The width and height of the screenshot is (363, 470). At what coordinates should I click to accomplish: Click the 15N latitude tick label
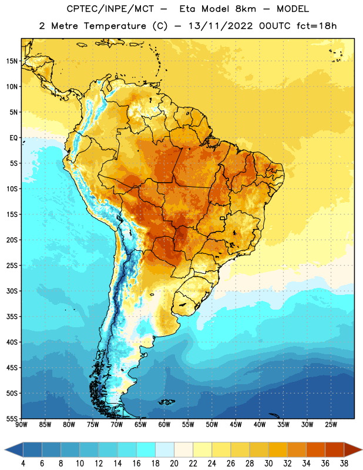tap(12, 61)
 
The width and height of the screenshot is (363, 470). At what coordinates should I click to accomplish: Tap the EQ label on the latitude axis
tap(14, 138)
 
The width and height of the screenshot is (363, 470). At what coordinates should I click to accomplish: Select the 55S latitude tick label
tap(12, 418)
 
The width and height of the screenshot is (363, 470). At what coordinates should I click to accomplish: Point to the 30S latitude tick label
tap(12, 291)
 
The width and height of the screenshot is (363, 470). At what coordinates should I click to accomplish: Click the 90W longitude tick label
tap(21, 425)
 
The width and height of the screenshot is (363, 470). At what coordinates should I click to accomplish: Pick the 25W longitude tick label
tap(331, 425)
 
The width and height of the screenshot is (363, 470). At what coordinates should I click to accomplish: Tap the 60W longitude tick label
tap(164, 425)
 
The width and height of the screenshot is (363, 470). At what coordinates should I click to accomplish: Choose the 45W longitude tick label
tap(236, 425)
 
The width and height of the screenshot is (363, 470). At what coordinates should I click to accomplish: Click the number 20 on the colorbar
tap(174, 464)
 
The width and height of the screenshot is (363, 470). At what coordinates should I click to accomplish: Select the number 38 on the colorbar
tap(344, 464)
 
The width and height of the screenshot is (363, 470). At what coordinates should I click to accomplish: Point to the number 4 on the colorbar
tap(23, 464)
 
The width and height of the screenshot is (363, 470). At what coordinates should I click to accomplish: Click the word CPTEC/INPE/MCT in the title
tap(110, 9)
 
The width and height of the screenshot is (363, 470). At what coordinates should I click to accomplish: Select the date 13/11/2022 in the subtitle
tap(221, 26)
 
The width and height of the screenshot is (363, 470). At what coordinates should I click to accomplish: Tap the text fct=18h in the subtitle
tap(317, 26)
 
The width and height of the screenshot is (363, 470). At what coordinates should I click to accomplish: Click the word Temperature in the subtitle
tap(115, 26)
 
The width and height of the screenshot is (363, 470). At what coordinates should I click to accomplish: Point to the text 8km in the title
tap(246, 9)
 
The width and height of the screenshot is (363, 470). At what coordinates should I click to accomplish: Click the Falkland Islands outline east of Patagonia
tap(166, 402)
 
